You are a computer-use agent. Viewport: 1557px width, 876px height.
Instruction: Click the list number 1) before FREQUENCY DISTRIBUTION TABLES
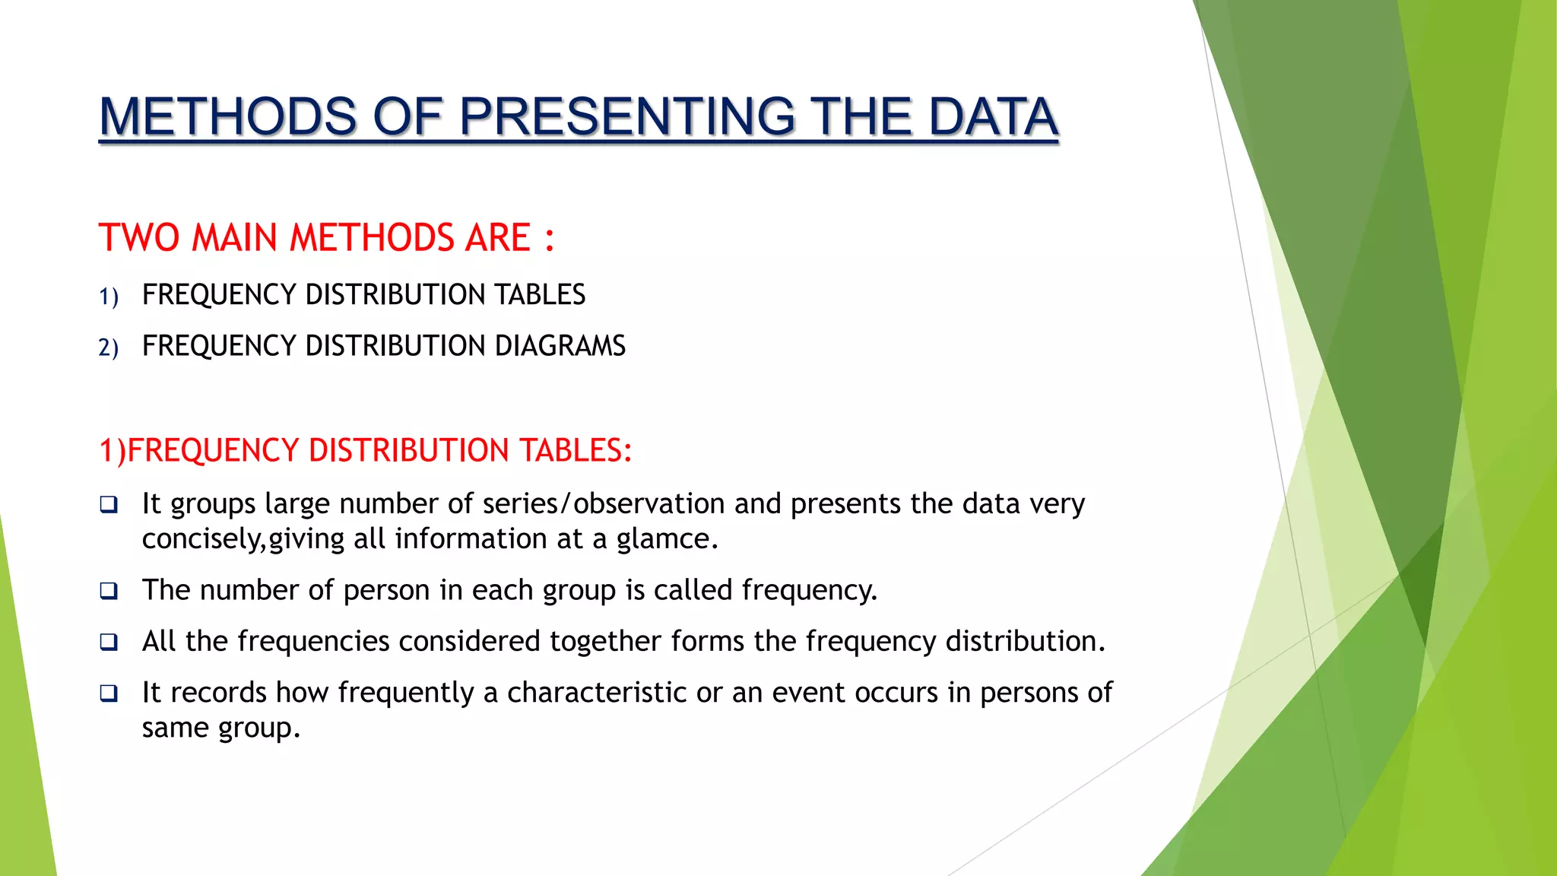(109, 297)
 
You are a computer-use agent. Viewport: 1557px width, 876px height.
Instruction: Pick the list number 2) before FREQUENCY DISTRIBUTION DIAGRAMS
(109, 348)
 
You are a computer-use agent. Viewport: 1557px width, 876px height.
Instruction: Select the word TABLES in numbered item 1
(540, 295)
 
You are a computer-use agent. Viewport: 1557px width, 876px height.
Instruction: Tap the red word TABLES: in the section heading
(576, 450)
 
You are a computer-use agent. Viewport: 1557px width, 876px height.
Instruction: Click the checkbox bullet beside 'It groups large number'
(109, 504)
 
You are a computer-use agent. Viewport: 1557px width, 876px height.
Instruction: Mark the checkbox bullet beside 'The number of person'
(109, 591)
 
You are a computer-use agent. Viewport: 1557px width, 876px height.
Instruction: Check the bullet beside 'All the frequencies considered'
(109, 642)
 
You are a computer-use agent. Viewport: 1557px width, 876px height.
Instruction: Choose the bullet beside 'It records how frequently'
(109, 693)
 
